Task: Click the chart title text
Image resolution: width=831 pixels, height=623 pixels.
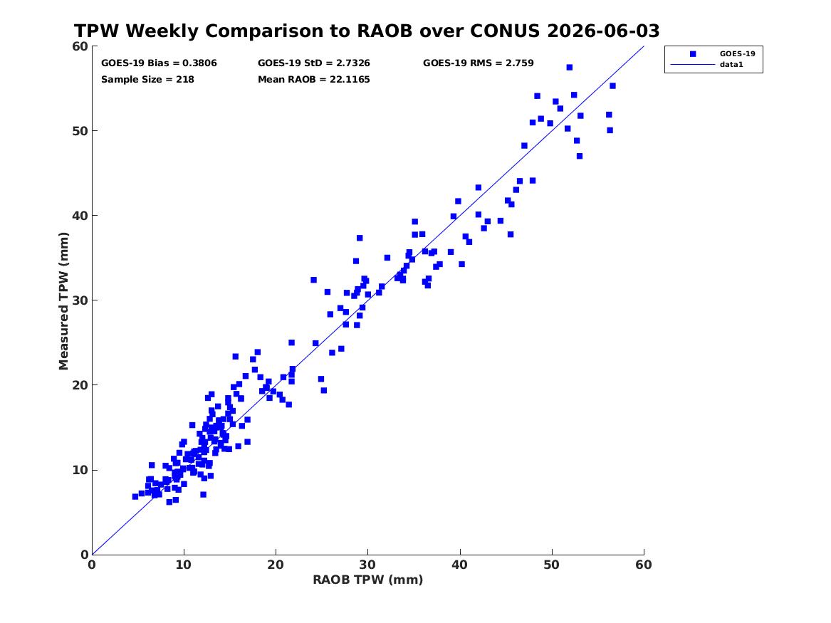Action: (367, 31)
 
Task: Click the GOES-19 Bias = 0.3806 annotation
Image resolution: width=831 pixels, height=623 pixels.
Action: (159, 63)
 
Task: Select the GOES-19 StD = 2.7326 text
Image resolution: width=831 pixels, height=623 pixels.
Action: (314, 63)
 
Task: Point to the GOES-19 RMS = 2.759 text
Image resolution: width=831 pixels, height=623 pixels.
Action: (478, 63)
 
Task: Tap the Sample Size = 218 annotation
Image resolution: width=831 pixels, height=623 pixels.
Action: (147, 80)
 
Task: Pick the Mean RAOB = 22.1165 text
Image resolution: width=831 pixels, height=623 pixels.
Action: (314, 80)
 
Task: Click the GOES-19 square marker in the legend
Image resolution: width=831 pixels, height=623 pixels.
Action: (693, 53)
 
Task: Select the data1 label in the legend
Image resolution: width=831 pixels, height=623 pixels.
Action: (731, 65)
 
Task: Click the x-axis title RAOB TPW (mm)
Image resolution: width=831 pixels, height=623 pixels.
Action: (368, 580)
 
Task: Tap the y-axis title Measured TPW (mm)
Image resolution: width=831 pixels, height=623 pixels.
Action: (63, 301)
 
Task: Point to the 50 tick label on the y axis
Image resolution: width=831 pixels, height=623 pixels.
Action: (80, 131)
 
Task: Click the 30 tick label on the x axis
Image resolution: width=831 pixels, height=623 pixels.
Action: (368, 565)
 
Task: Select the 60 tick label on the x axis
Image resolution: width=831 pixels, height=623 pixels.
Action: (644, 565)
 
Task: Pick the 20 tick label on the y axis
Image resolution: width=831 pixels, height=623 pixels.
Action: (80, 385)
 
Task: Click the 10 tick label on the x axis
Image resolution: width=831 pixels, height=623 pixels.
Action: (184, 565)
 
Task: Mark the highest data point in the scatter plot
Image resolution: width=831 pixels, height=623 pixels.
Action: (569, 67)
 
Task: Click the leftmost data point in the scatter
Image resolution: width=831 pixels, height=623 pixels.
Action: (135, 496)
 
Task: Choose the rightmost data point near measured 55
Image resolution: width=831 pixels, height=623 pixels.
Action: (612, 86)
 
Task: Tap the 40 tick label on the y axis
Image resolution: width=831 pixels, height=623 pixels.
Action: (80, 216)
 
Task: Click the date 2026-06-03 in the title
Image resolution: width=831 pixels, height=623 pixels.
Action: (603, 31)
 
